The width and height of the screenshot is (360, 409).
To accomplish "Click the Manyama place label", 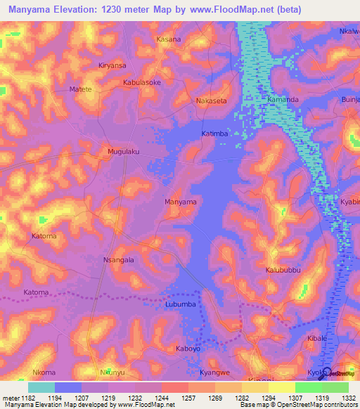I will pos(180,202).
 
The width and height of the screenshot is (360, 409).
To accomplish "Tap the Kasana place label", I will pos(169,39).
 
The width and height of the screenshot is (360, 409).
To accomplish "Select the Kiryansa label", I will pos(112,65).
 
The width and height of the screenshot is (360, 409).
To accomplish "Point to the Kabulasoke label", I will pos(142,82).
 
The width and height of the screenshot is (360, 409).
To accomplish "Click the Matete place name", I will pos(81,90).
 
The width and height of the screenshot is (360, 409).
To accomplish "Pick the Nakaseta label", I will pos(212,101).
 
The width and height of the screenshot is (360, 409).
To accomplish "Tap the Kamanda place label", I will pos(283,100).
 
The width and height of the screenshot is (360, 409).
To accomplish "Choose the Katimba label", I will pos(215,134).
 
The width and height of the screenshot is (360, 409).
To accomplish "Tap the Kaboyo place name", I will pos(188,348).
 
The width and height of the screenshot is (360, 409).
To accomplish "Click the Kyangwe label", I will pos(215,372).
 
